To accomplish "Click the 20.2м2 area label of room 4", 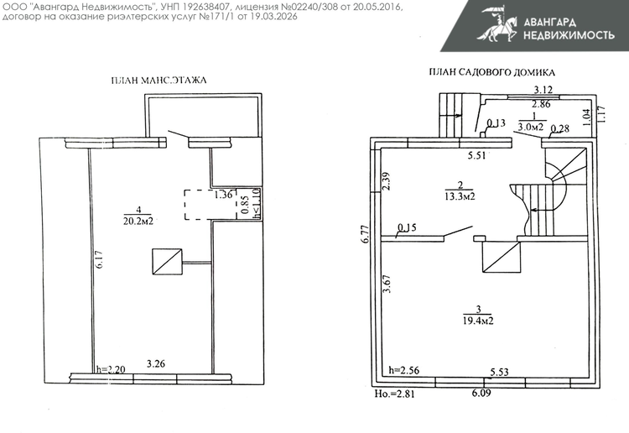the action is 138,221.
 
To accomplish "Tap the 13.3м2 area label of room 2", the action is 460,196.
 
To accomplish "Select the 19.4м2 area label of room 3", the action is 478,321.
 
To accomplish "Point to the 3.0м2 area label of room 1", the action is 531,127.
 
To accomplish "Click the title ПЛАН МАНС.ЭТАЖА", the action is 159,81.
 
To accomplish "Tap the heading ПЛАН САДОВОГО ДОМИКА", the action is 491,72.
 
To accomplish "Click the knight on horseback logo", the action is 497,23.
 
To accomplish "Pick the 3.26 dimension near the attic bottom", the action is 156,364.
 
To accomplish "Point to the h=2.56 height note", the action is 404,370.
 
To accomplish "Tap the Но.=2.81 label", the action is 395,394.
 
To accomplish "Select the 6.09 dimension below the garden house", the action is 481,393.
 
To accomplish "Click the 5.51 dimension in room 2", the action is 477,155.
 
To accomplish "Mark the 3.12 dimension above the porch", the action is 543,90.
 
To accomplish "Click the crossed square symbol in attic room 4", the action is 167,262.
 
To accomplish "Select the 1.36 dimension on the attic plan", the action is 223,195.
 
